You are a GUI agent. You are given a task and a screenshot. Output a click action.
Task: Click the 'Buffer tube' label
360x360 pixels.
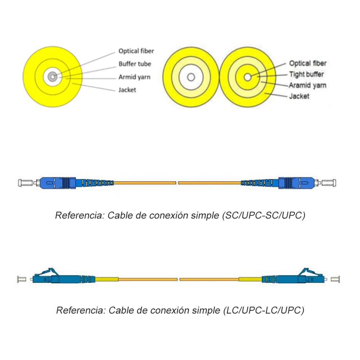(135, 64)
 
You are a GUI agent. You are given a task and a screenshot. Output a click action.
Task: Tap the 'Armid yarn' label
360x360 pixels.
(134, 77)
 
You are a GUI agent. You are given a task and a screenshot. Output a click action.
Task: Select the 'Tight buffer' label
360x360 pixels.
(306, 75)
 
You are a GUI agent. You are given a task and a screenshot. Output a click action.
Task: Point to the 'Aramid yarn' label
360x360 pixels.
(307, 85)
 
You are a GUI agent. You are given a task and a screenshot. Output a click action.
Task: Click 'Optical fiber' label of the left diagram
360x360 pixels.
(136, 51)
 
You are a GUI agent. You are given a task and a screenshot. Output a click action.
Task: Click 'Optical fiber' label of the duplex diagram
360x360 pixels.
(308, 63)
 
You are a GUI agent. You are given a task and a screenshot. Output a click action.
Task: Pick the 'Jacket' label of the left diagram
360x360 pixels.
(127, 90)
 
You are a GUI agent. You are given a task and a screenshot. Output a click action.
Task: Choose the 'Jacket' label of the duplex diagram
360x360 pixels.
(299, 96)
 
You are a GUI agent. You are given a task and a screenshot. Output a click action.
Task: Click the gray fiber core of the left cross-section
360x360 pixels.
(53, 76)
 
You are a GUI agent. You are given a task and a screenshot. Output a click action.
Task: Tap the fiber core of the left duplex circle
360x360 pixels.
(191, 77)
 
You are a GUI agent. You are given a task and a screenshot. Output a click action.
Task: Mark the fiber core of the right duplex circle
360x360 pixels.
(248, 77)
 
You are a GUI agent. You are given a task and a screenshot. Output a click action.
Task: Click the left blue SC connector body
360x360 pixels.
(52, 183)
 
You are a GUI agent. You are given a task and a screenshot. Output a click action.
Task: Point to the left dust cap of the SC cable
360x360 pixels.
(24, 183)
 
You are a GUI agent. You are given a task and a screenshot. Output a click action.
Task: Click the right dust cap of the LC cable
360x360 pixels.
(336, 279)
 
